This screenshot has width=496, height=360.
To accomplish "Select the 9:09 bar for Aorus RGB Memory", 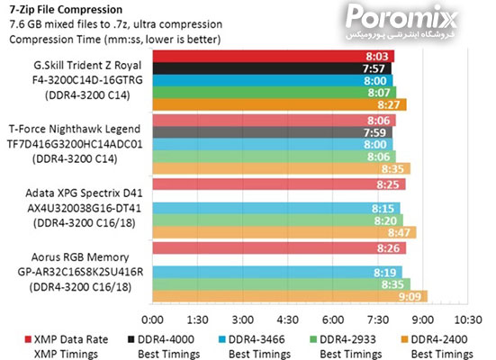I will coord(288,295).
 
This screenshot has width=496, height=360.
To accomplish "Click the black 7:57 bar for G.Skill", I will coord(270,67).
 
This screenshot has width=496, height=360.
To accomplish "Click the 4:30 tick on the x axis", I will coord(287,319).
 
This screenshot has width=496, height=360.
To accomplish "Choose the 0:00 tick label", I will coord(153,319).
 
